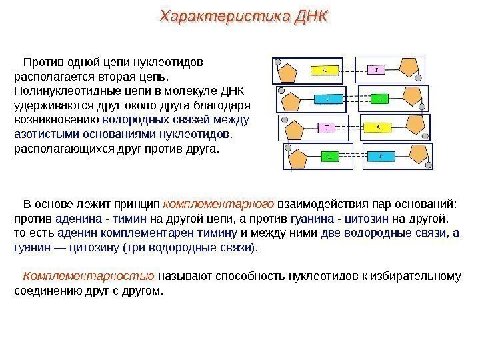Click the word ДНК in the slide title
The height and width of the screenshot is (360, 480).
(x=309, y=16)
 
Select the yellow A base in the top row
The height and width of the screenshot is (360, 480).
(x=325, y=69)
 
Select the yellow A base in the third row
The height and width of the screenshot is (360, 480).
(x=377, y=127)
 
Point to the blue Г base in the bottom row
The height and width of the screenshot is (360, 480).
(x=380, y=157)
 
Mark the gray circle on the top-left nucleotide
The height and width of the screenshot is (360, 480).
(x=276, y=65)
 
